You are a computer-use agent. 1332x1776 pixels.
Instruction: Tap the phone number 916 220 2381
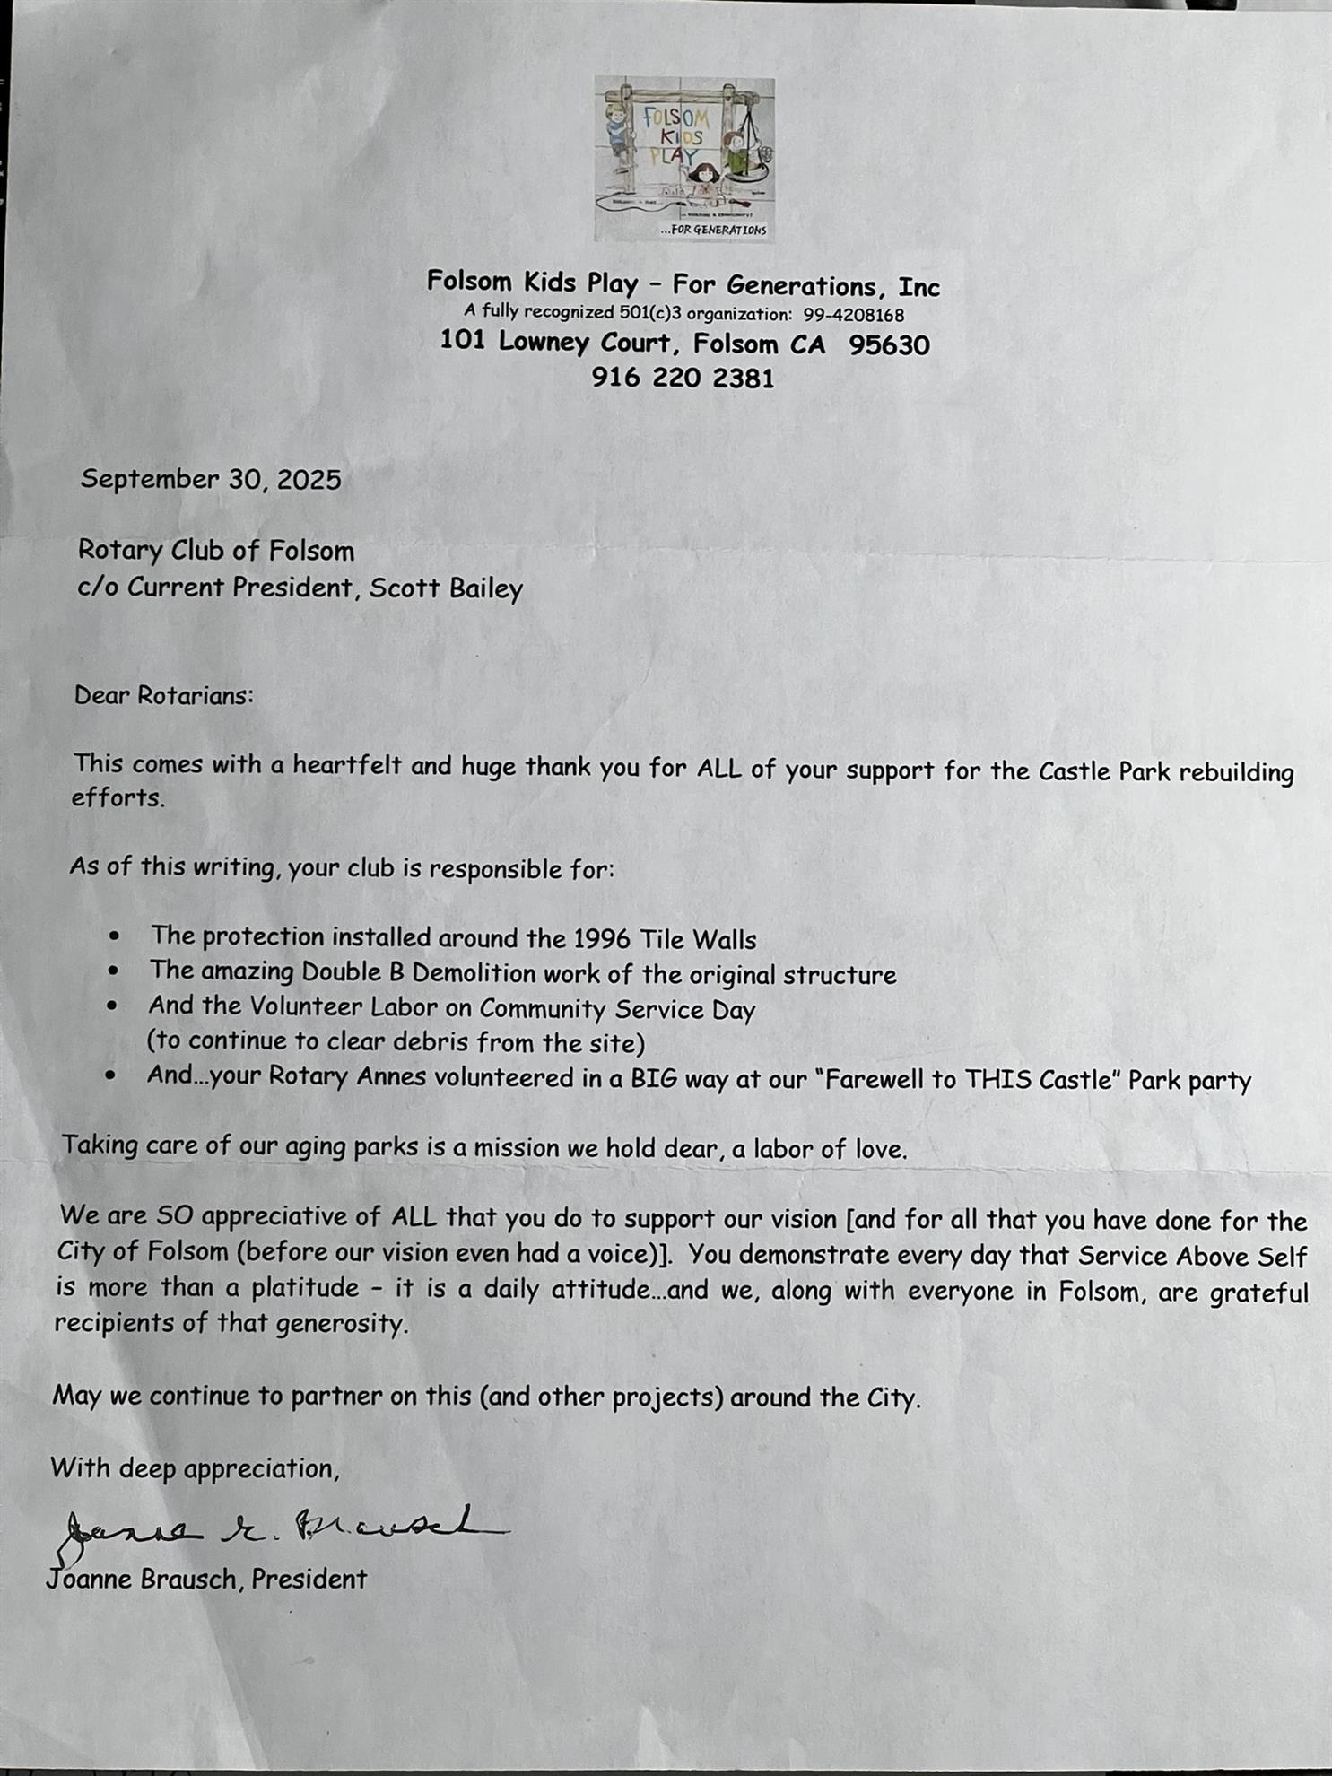pyautogui.click(x=682, y=378)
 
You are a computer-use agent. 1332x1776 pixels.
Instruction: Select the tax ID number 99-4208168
pyautogui.click(x=853, y=315)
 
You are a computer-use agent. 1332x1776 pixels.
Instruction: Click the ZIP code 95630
pyautogui.click(x=889, y=345)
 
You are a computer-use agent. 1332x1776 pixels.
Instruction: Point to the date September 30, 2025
pyautogui.click(x=211, y=480)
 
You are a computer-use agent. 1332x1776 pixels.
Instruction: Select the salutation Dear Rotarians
pyautogui.click(x=163, y=696)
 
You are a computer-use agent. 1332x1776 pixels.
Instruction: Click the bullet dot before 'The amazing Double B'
pyautogui.click(x=113, y=971)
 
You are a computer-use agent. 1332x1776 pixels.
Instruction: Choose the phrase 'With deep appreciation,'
pyautogui.click(x=195, y=1468)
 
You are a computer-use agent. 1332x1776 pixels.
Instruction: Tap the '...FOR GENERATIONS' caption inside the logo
pyautogui.click(x=713, y=231)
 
